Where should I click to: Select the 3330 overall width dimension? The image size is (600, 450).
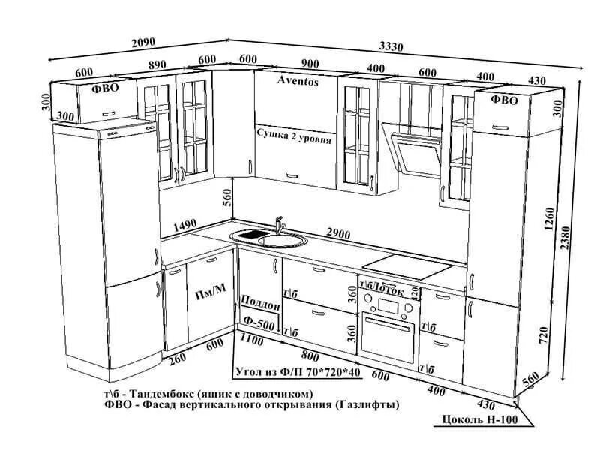point(390,46)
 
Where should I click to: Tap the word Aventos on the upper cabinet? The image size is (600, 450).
point(298,79)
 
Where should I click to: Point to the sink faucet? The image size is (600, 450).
point(280,224)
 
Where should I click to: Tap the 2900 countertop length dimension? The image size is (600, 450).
point(338,234)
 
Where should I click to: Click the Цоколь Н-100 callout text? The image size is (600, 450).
point(479,418)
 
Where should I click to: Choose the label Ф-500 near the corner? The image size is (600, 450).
point(258,323)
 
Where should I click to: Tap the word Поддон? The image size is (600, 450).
point(260,307)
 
